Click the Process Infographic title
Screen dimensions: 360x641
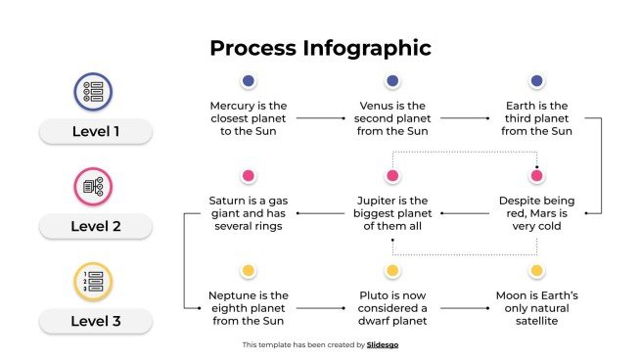[x=320, y=48]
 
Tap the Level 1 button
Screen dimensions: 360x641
[x=96, y=131]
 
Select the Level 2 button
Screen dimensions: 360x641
[x=96, y=226]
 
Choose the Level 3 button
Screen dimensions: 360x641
[x=96, y=321]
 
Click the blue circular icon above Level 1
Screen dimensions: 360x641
[x=94, y=91]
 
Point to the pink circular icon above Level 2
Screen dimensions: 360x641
[x=94, y=186]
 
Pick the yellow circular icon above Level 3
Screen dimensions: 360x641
[x=94, y=281]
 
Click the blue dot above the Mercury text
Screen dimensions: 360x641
[x=249, y=81]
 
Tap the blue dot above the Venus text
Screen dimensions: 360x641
[x=392, y=81]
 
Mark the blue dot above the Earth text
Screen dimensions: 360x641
[x=536, y=81]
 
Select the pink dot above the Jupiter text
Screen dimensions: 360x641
[x=392, y=176]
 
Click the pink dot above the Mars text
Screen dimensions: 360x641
[x=536, y=176]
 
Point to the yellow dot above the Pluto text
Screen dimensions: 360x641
[x=392, y=271]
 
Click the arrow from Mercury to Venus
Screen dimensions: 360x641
[x=321, y=118]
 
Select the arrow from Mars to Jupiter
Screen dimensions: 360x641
[x=464, y=213]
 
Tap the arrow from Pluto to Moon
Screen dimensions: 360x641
[x=464, y=308]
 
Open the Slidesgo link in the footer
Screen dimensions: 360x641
[x=383, y=344]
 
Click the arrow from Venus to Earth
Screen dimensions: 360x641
[x=465, y=118]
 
